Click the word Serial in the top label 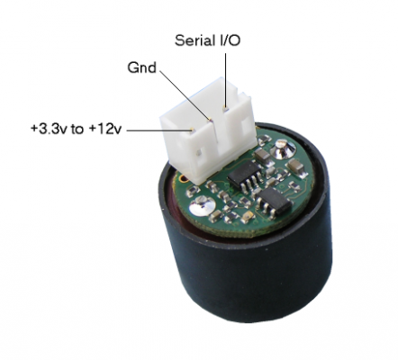194,40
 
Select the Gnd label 142,67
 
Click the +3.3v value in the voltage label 50,129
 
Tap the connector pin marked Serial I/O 225,108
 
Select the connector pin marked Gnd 211,120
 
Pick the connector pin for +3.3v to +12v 192,130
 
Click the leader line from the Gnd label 184,94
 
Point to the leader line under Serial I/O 226,79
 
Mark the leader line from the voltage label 158,130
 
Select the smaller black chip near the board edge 274,201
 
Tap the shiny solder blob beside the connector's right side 282,148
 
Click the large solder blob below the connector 203,205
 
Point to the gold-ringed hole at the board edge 183,179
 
